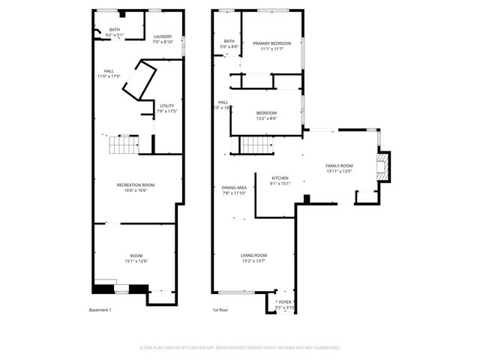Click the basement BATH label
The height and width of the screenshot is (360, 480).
coord(114,29)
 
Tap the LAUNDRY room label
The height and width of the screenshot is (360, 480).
coord(163,37)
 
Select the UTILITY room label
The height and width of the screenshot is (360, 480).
coord(166,106)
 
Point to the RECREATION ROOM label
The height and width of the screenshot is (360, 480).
coord(136,184)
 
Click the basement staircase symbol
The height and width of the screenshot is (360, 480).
coord(124,145)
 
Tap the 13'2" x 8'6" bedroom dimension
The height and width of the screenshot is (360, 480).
coord(266,118)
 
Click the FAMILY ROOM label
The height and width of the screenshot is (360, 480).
coord(339,166)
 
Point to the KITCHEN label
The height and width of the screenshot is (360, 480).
coord(279,178)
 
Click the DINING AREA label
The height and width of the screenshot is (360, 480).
coord(234,187)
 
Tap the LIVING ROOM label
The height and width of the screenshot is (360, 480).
coord(253,256)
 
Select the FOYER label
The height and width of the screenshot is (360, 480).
coord(285,302)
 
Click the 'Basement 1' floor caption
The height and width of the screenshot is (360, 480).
coord(100,310)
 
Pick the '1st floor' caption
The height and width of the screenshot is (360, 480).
coord(220,310)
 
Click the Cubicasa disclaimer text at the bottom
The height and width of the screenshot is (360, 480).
coord(240,348)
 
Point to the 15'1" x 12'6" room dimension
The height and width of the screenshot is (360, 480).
coord(136,261)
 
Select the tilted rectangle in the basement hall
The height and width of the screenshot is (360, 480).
coord(140,79)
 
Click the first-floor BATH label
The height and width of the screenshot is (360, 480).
coord(229,41)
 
